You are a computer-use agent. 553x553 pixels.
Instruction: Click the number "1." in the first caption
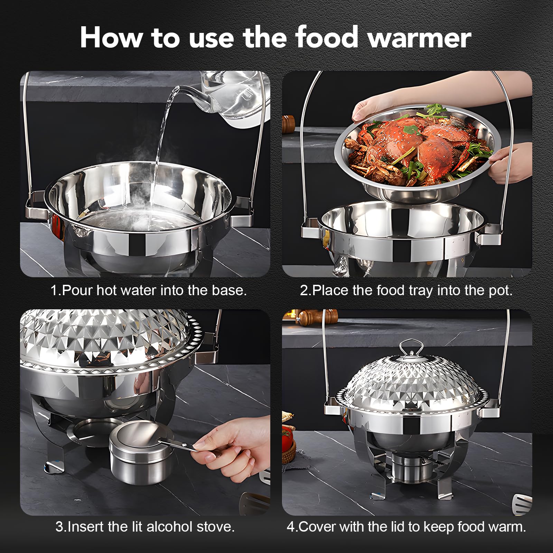point(56,290)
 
